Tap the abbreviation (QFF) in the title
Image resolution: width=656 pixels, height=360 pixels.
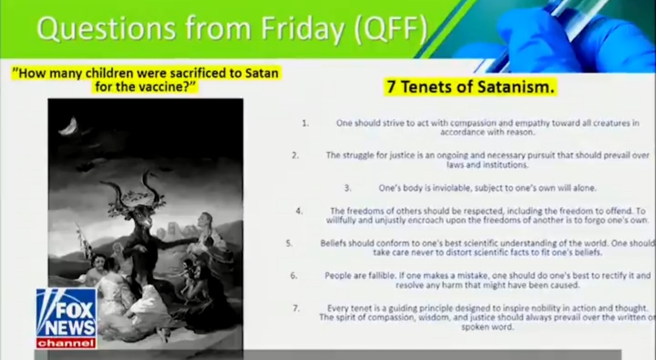tap(391, 29)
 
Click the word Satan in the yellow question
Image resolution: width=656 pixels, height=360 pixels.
tap(261, 73)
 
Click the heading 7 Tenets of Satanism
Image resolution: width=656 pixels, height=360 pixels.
tap(471, 87)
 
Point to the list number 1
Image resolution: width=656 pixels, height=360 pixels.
tap(306, 123)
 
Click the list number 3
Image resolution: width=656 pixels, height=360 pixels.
tap(347, 188)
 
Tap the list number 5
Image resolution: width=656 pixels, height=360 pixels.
tap(289, 243)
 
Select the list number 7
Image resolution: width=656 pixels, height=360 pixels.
tap(296, 308)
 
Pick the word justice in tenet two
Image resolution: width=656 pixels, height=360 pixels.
tap(402, 155)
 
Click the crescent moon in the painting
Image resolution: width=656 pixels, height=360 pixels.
tap(69, 126)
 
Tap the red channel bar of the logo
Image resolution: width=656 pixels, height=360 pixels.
tap(66, 343)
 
